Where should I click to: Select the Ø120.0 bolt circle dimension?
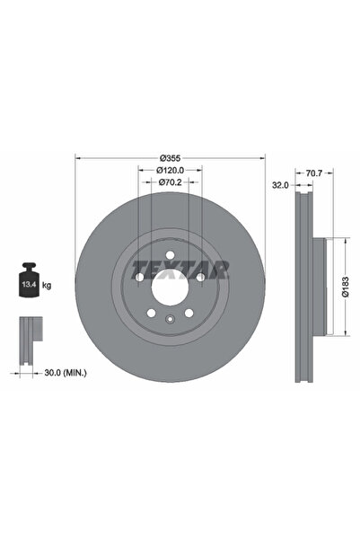point(170,169)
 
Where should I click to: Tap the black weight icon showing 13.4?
point(27,283)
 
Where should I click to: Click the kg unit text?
point(47,285)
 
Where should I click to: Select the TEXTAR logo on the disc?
point(180,267)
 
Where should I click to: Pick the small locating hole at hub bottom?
point(169,322)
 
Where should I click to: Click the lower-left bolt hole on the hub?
point(150,314)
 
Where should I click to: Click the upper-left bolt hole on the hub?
point(140,277)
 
